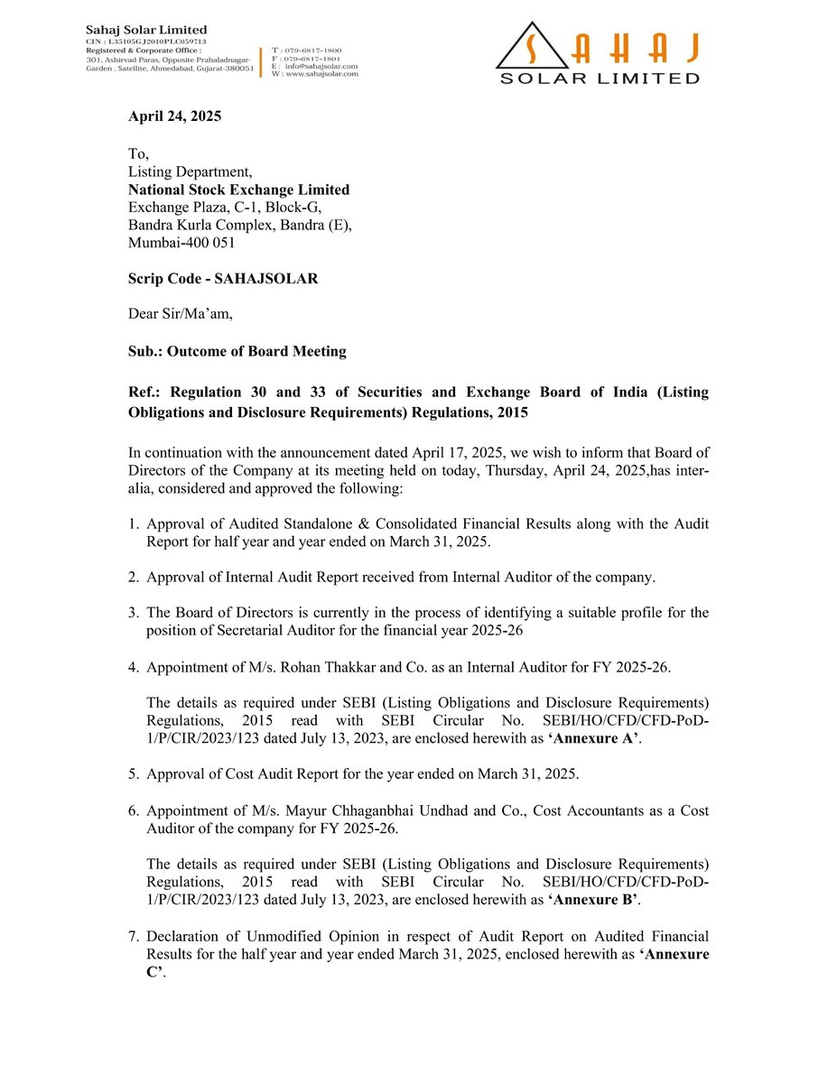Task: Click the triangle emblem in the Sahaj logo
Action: pos(532,47)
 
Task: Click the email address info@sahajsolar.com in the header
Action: pos(322,66)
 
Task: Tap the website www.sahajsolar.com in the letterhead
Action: pos(322,74)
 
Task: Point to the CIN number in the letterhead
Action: pos(140,42)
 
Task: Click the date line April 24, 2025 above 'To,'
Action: pos(174,116)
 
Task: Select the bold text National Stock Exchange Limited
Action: pos(238,190)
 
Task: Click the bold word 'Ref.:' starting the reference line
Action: pos(144,392)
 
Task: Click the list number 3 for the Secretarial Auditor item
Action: pos(133,613)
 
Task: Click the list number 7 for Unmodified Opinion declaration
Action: pos(133,936)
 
